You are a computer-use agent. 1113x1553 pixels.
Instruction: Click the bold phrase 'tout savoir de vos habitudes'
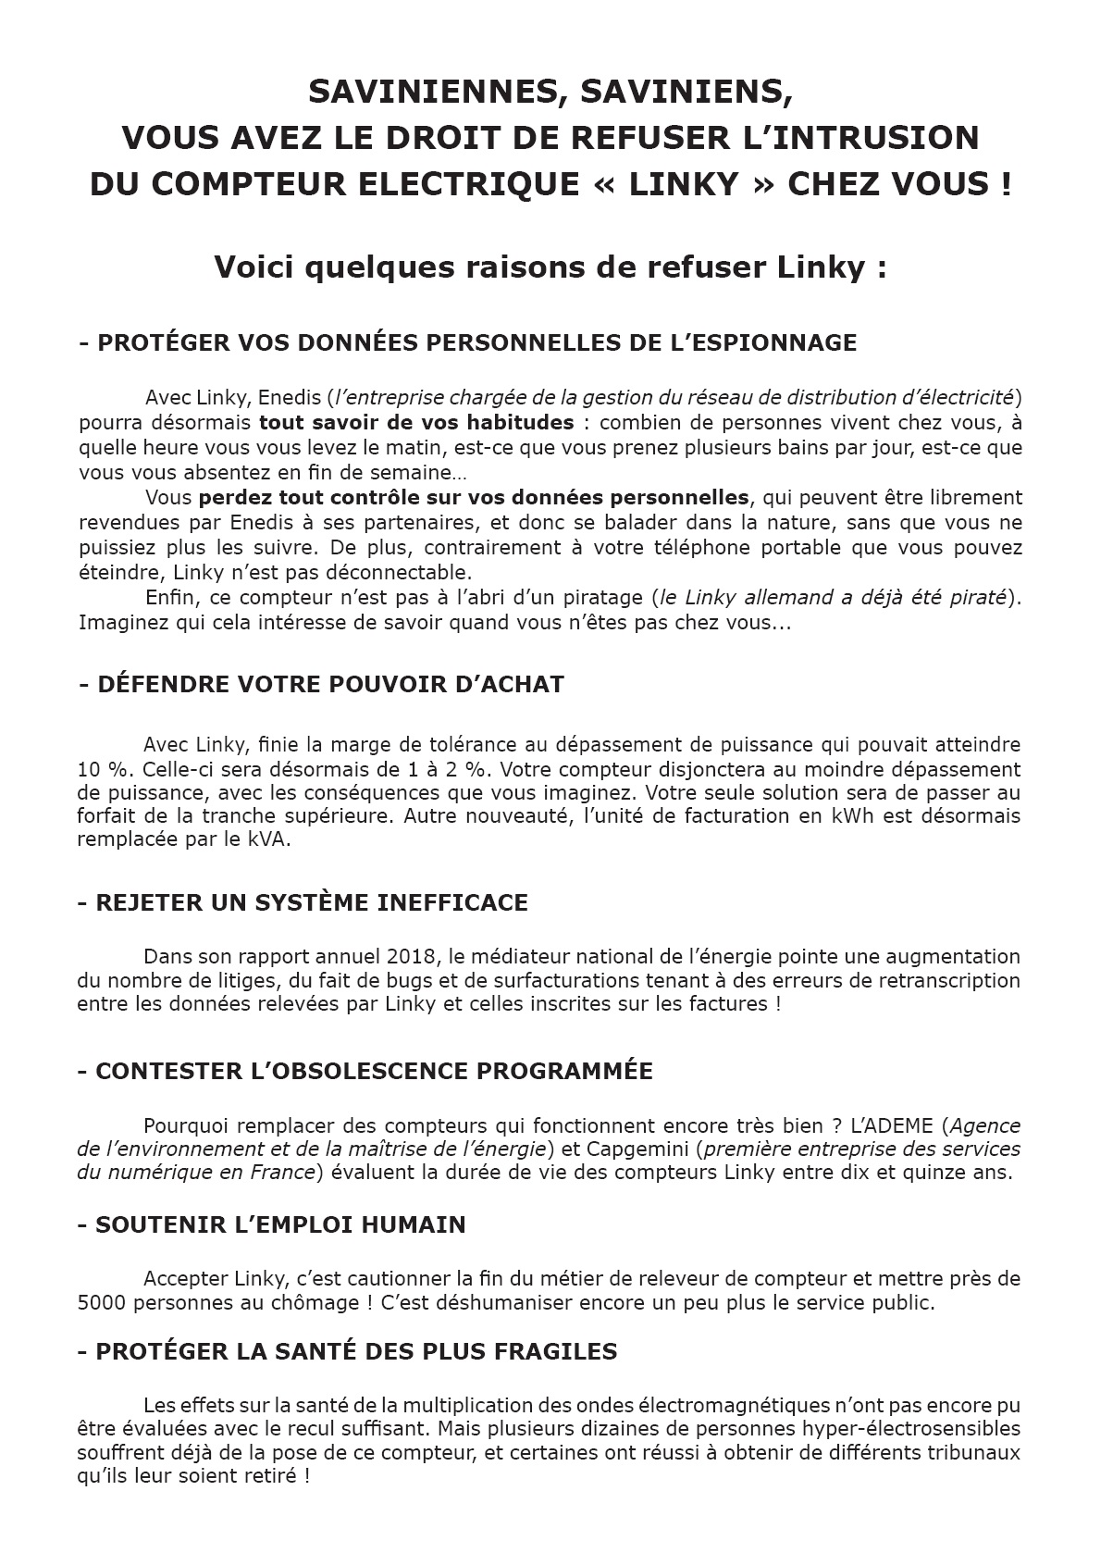(x=416, y=423)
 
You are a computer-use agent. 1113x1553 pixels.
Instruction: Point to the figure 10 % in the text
(x=99, y=769)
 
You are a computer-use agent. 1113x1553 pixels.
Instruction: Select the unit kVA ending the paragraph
(x=262, y=840)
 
